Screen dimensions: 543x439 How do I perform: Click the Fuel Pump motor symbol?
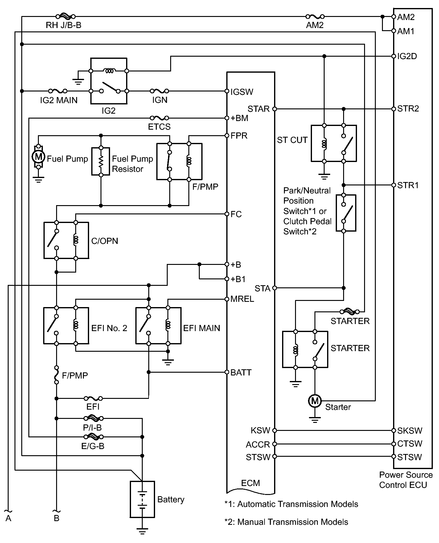[x=38, y=156]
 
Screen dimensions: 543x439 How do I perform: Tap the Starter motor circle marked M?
[x=315, y=401]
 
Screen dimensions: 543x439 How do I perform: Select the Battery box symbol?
[x=142, y=499]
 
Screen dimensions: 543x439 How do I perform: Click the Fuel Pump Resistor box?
[x=101, y=161]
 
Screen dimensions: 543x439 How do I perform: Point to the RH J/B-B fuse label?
[x=64, y=25]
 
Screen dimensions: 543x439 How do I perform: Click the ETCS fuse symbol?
[x=159, y=118]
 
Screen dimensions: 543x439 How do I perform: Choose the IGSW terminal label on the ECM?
[x=242, y=92]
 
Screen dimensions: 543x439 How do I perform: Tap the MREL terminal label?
[x=242, y=299]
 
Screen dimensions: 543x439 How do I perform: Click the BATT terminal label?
[x=241, y=373]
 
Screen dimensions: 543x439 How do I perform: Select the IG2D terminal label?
[x=407, y=56]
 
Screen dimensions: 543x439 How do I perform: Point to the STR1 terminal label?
[x=408, y=185]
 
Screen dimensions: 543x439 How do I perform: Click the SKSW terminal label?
[x=410, y=431]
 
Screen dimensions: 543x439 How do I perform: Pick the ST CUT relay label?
[x=292, y=140]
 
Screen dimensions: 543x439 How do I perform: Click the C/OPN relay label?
[x=105, y=241]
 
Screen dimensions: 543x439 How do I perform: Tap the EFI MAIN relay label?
[x=202, y=328]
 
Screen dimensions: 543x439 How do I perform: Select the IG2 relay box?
[x=109, y=81]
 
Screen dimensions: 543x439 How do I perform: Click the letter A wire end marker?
[x=8, y=519]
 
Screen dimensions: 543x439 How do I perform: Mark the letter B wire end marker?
[x=56, y=519]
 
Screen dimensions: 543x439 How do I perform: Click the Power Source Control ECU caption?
[x=405, y=480]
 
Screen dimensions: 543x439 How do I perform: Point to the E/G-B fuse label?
[x=93, y=446]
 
